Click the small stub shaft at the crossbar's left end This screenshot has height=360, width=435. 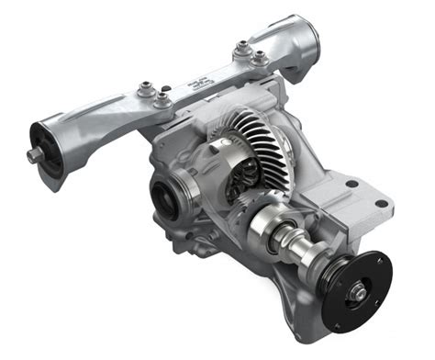coord(35,155)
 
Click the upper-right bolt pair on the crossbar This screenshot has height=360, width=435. coord(251,52)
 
